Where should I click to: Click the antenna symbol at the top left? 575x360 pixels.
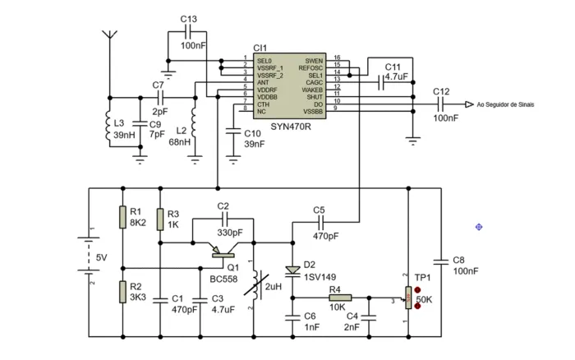(x=108, y=37)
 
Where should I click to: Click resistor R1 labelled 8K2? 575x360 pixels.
(x=122, y=217)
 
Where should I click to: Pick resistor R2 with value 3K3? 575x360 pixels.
(x=122, y=292)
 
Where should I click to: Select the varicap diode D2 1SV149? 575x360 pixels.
(x=292, y=270)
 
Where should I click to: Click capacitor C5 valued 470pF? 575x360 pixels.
(x=320, y=223)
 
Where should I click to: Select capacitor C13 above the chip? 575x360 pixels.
(x=188, y=34)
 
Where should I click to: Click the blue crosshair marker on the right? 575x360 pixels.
(x=479, y=226)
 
